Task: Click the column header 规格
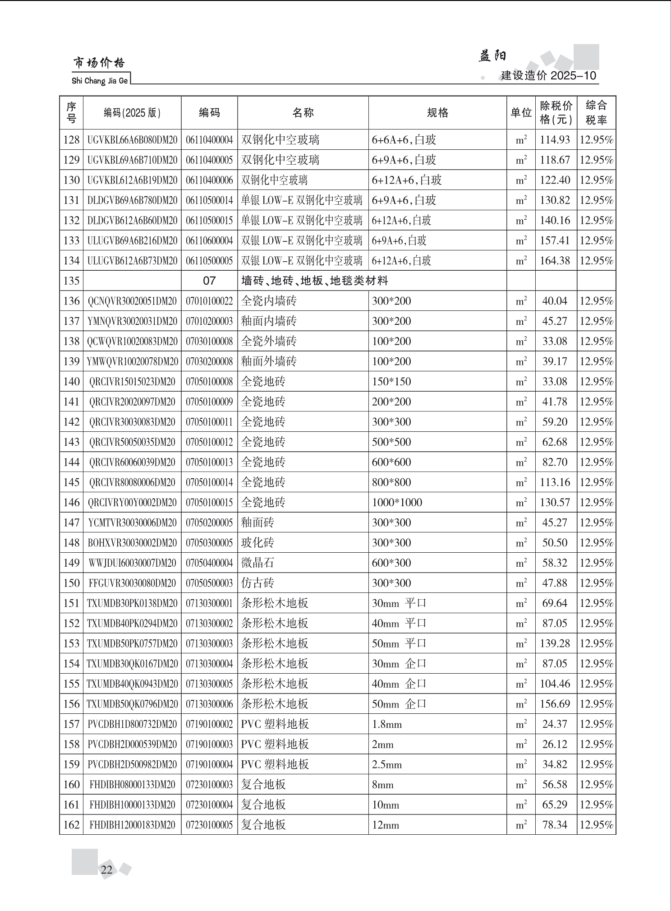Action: coord(437,113)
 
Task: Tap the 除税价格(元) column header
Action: coord(556,113)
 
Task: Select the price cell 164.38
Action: coord(555,261)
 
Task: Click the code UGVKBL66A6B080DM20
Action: coord(132,140)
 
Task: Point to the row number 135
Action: coord(71,281)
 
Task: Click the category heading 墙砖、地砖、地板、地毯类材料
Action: coord(315,281)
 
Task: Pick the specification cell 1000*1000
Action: coord(397,502)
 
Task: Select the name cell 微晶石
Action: coord(257,563)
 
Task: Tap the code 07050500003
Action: coord(209,583)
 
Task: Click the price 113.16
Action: coord(555,482)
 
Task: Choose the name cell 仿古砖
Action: coord(257,583)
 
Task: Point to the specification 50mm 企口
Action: coord(399,704)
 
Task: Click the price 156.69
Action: coord(555,704)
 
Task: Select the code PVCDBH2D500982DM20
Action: coord(132,764)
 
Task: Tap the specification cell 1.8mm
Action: coord(386,724)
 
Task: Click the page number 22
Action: coord(107,869)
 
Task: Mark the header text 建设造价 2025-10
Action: coord(548,75)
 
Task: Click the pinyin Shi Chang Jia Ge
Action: coord(100,81)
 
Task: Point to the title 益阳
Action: coord(492,56)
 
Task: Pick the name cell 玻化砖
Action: coord(257,543)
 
